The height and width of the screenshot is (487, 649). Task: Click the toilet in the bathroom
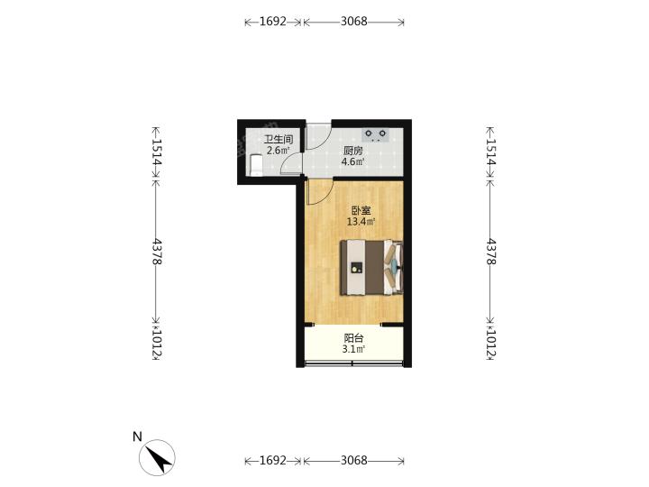point(257,165)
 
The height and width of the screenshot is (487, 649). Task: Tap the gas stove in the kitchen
point(376,134)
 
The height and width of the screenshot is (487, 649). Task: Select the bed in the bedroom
point(371,267)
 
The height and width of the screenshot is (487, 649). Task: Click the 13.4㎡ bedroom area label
point(361,222)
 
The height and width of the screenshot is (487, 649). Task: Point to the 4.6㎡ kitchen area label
point(352,161)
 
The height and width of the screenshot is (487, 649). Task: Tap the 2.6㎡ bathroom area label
point(279,150)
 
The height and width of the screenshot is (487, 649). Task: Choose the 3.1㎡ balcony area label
point(353,349)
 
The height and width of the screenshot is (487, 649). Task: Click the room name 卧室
point(361,210)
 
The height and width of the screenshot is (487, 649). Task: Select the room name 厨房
point(352,151)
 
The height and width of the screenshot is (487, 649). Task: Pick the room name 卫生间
point(279,139)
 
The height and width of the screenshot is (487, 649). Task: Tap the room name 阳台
point(353,338)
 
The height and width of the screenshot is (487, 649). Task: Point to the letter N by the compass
point(137,436)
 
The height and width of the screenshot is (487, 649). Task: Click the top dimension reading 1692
point(273,22)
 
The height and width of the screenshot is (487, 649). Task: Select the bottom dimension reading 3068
point(354,460)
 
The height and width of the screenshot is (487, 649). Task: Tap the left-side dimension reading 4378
point(157,252)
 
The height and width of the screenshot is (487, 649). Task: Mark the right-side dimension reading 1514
point(490,152)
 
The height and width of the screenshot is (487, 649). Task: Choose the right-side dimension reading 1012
point(490,343)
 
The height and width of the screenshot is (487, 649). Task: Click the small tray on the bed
point(356,268)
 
